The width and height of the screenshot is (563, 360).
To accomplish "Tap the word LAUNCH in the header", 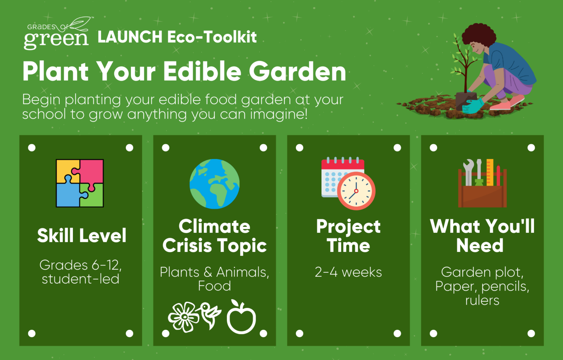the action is point(130,37).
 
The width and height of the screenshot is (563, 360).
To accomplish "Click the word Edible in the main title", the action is point(202,71).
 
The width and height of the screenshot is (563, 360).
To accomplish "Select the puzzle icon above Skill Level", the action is point(80,183).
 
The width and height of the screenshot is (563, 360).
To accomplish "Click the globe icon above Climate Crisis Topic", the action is point(214,184).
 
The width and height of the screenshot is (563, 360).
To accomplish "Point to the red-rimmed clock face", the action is point(356,191).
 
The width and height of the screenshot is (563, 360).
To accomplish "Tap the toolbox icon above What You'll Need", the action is point(482,183).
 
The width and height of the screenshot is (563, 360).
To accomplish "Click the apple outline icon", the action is point(241,317).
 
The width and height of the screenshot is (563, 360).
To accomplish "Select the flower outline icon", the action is point(184,317).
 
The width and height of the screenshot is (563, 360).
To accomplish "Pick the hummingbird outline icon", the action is point(211,315).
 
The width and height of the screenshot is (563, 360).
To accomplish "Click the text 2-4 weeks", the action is point(348,272).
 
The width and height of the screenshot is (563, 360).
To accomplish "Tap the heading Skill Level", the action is point(82,235).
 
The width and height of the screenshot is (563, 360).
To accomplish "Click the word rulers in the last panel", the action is point(482,300).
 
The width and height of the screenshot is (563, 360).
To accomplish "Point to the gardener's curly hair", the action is point(479,35).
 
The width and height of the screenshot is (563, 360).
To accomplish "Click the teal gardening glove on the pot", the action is point(472,106).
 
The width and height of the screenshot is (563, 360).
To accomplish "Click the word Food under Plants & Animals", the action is point(214,286).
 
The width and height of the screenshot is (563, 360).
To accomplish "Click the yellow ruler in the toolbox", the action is point(490,172).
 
